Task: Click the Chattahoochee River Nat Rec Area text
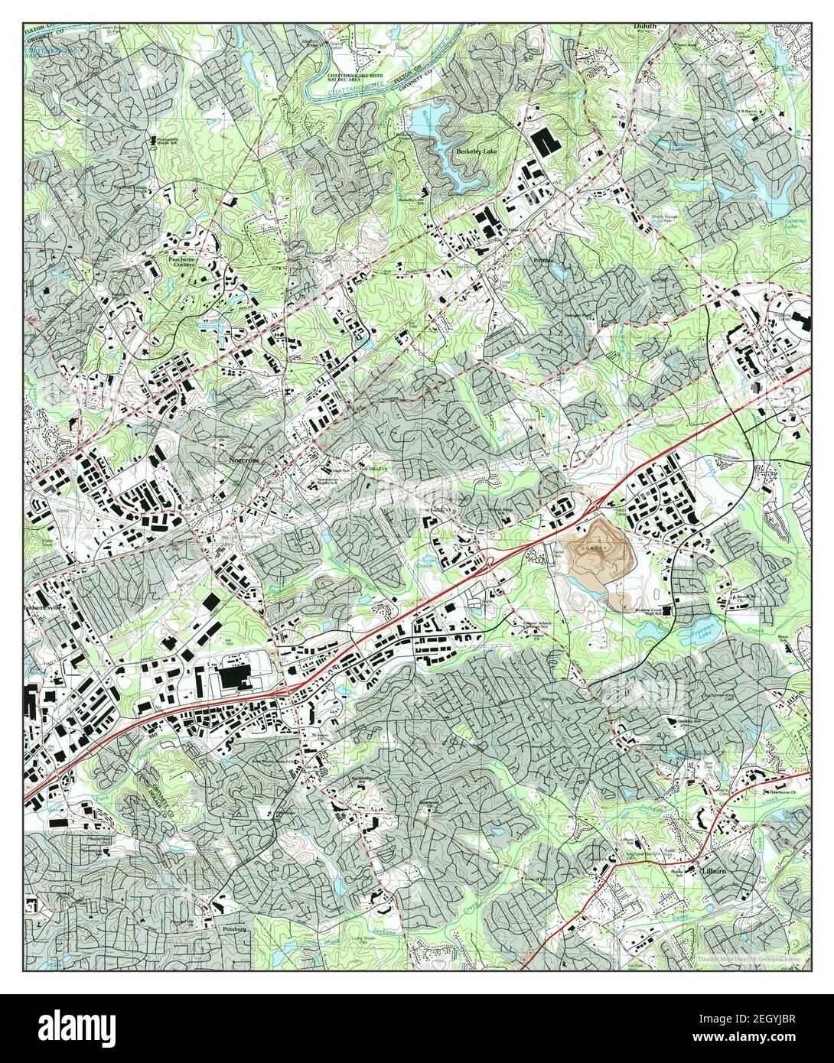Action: tap(358, 79)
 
